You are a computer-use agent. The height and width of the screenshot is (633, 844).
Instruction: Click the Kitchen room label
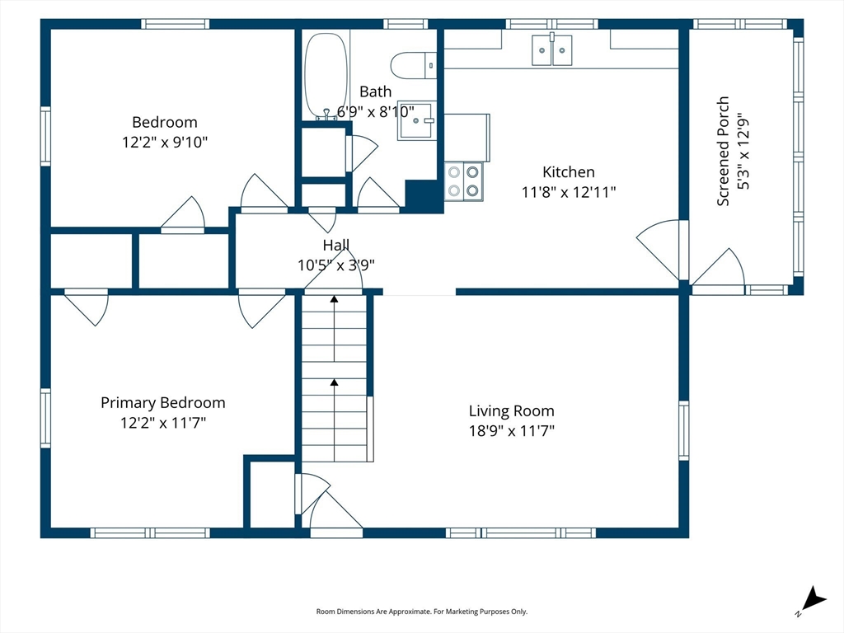click(569, 172)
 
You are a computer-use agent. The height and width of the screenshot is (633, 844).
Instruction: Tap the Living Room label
click(511, 411)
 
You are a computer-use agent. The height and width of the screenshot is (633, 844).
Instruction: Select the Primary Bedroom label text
click(162, 403)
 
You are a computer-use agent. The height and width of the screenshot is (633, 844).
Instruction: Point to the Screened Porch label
click(723, 151)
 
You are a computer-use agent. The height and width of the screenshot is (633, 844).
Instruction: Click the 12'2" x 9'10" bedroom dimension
click(165, 142)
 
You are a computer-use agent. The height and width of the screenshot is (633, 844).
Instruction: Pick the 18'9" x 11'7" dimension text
click(511, 430)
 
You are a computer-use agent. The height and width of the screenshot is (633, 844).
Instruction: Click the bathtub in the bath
click(326, 76)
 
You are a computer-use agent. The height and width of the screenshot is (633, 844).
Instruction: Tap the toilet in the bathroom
click(414, 65)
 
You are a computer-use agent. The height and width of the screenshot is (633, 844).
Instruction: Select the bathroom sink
click(415, 120)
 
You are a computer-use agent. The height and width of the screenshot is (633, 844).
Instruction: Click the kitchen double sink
click(551, 49)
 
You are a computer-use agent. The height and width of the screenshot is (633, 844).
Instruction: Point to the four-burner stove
click(463, 181)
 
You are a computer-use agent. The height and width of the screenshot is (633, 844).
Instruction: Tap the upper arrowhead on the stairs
click(335, 298)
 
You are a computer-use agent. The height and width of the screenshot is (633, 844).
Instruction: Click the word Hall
click(336, 246)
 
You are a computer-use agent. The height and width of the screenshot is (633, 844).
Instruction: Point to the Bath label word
click(375, 92)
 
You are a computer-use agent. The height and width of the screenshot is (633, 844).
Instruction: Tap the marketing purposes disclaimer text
click(421, 612)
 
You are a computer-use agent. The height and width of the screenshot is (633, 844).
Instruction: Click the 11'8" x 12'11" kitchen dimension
click(569, 192)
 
